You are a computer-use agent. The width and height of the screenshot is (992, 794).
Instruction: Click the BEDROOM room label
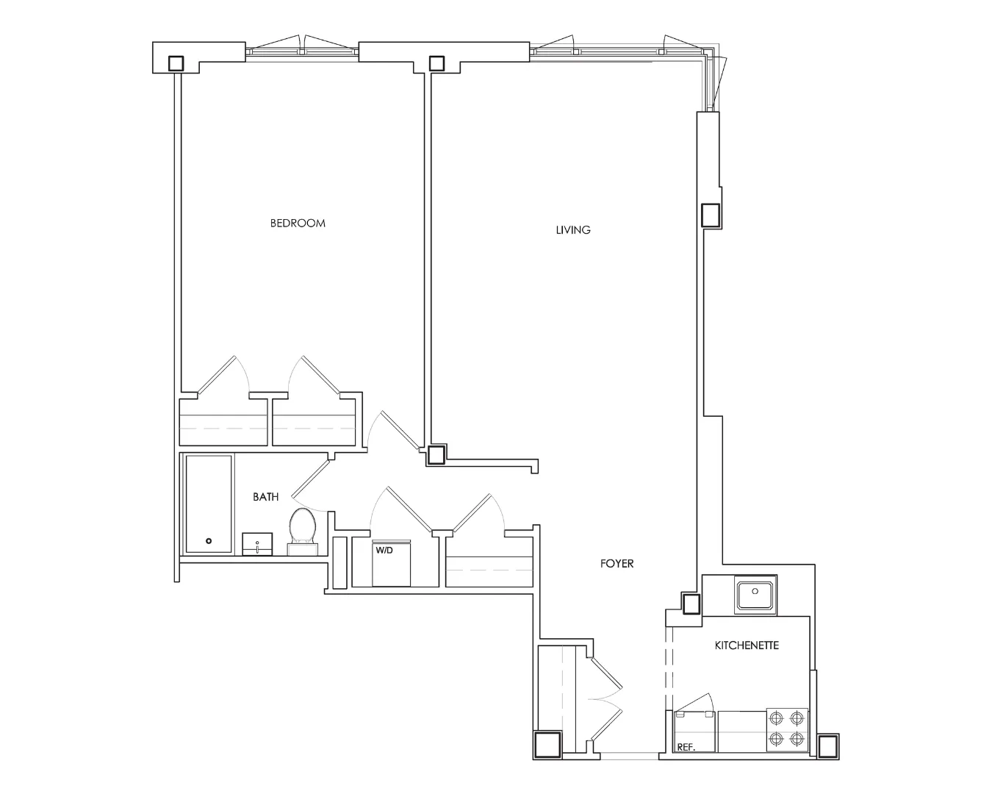[298, 223]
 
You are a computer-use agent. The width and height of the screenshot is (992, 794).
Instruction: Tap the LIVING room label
[572, 230]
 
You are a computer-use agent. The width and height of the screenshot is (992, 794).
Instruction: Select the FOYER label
[617, 564]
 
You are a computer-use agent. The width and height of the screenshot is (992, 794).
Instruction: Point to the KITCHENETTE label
[747, 645]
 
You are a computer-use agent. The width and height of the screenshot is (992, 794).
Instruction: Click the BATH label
[265, 497]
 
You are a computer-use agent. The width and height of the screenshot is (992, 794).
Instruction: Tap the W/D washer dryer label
[384, 550]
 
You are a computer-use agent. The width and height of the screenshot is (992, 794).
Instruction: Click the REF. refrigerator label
[686, 747]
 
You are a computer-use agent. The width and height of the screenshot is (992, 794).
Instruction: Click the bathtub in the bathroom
[209, 504]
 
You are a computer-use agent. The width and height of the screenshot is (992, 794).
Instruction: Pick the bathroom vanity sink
[258, 544]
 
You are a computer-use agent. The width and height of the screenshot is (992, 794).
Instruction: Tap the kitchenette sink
[755, 595]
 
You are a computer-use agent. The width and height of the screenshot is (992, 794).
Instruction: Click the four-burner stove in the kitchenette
[787, 729]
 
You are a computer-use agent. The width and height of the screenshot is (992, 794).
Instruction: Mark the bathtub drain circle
[209, 541]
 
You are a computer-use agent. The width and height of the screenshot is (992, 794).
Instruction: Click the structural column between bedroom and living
[436, 455]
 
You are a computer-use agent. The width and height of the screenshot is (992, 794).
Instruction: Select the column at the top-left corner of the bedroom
[176, 63]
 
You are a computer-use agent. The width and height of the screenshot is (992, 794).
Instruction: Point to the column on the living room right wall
[711, 215]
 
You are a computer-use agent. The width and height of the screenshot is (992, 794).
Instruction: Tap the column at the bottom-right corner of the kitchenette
[828, 746]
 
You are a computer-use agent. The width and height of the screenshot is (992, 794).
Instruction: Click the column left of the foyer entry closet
[547, 745]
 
